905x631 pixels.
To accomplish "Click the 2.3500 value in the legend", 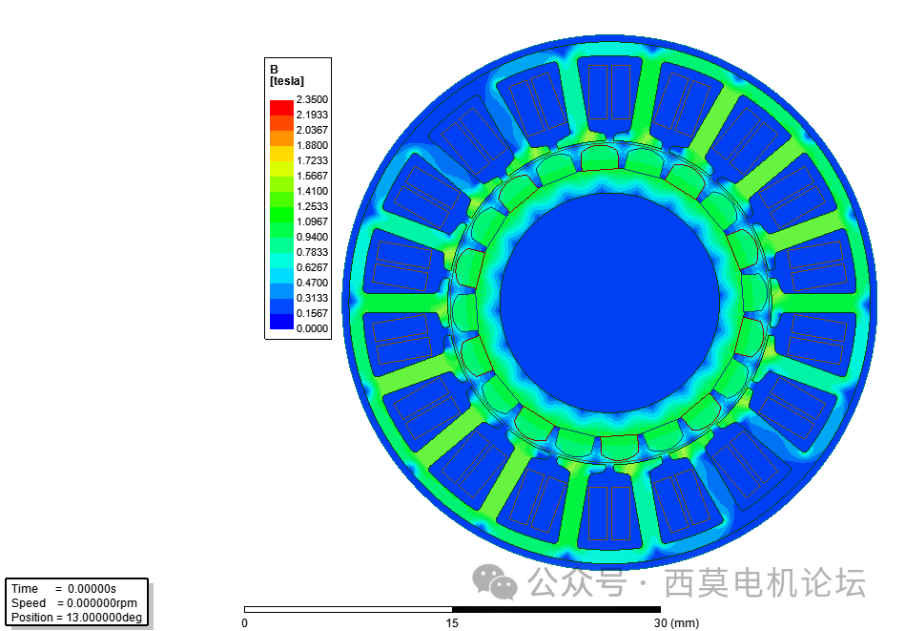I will click(x=312, y=99).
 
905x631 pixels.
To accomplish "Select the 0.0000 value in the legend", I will click(x=312, y=328).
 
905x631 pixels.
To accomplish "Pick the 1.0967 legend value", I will click(x=312, y=221).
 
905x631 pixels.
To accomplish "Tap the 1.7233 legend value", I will click(x=312, y=160).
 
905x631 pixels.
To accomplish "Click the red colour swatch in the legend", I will click(x=281, y=107).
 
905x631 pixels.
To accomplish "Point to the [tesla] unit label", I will click(x=287, y=81).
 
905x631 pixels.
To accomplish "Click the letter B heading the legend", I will click(x=275, y=70).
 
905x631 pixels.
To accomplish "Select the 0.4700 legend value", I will click(x=312, y=283).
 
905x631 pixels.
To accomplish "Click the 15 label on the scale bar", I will click(x=452, y=623).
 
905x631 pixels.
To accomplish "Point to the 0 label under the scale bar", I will click(x=244, y=623).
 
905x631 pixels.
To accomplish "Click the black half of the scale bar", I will click(x=556, y=609).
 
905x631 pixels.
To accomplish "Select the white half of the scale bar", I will click(x=348, y=609).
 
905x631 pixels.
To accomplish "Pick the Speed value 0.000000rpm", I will click(x=96, y=603).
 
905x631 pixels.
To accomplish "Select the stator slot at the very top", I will click(x=609, y=93).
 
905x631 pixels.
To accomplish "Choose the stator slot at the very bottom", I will click(x=609, y=514).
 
